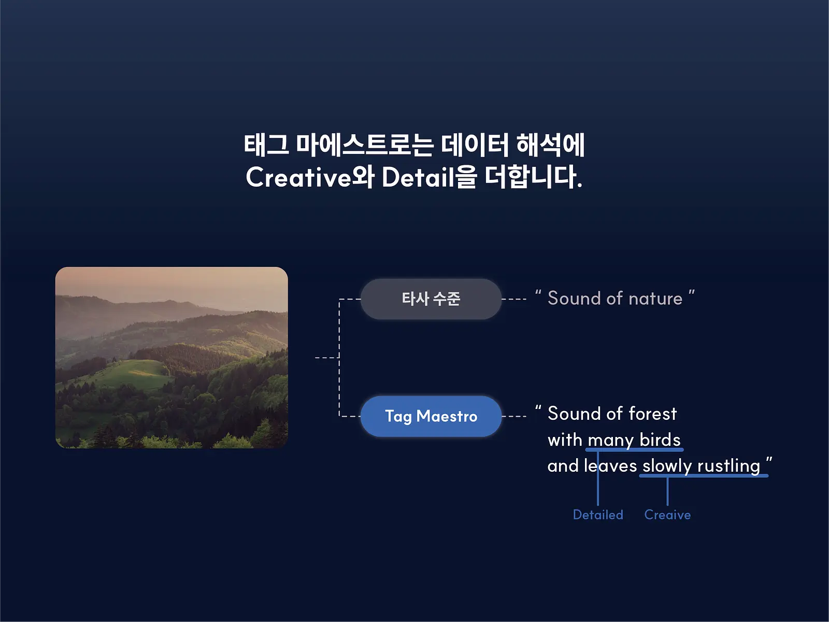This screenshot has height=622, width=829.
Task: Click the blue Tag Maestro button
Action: coord(431,416)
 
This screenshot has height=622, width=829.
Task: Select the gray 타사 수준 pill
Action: coord(431,299)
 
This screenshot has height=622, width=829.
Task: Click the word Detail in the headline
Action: coord(418,177)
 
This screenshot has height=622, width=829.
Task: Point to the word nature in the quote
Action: coord(655,299)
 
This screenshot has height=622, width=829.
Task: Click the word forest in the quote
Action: coord(653,414)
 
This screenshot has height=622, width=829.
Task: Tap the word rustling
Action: coord(728,466)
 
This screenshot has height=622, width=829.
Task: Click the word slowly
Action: coord(667,466)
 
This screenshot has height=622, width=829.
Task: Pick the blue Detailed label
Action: coord(598,515)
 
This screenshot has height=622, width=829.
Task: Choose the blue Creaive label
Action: coord(667,515)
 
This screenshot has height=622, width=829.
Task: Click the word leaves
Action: coord(610,465)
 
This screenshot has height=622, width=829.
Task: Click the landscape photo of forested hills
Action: coord(171,358)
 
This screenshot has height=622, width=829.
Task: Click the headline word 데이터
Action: coord(475,145)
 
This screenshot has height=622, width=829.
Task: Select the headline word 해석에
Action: coord(550,145)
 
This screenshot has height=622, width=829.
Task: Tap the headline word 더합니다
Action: coord(533,177)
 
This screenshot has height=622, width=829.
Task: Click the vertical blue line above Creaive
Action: coord(667,491)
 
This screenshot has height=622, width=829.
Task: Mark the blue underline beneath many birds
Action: coord(634,450)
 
